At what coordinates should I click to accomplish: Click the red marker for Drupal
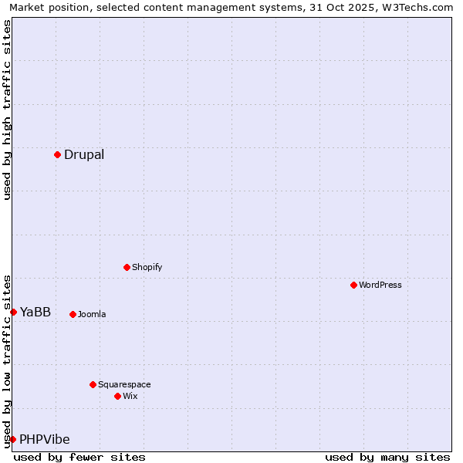pyautogui.click(x=57, y=154)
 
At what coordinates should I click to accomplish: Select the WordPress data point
pyautogui.click(x=353, y=285)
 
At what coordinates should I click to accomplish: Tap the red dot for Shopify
pyautogui.click(x=127, y=267)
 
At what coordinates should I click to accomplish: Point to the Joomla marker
pyautogui.click(x=73, y=314)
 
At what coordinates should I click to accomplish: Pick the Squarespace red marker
pyautogui.click(x=93, y=384)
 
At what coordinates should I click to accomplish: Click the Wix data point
pyautogui.click(x=117, y=396)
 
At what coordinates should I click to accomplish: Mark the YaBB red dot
pyautogui.click(x=13, y=312)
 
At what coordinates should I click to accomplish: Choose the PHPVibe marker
pyautogui.click(x=12, y=439)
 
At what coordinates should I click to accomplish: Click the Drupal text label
pyautogui.click(x=84, y=154)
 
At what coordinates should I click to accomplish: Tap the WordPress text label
pyautogui.click(x=380, y=285)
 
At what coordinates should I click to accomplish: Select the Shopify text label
pyautogui.click(x=147, y=267)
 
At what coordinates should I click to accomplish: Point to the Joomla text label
pyautogui.click(x=92, y=314)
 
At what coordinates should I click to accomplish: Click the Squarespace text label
pyautogui.click(x=124, y=384)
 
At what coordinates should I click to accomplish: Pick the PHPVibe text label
pyautogui.click(x=45, y=439)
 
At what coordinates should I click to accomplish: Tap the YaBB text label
pyautogui.click(x=35, y=312)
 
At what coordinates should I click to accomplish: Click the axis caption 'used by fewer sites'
pyautogui.click(x=79, y=457)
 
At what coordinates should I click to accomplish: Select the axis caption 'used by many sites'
pyautogui.click(x=387, y=457)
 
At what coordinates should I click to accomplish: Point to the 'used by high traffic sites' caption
pyautogui.click(x=7, y=110)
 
